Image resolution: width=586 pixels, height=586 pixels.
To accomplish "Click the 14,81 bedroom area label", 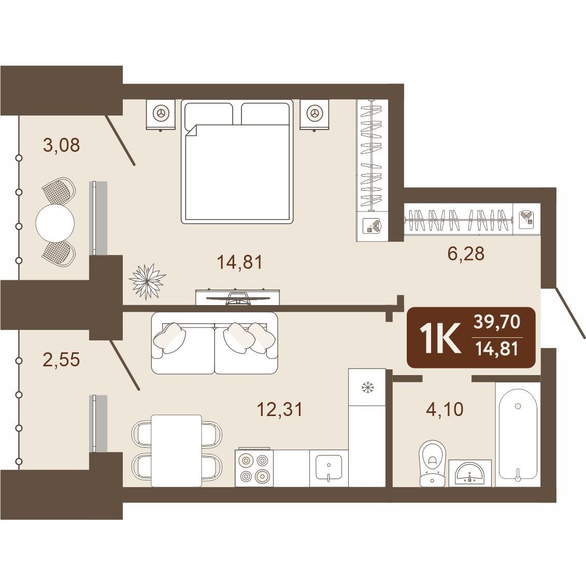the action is click(x=240, y=262).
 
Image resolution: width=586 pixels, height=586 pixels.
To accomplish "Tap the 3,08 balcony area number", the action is click(x=62, y=145).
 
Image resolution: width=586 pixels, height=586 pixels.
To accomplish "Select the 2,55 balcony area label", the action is click(x=62, y=360).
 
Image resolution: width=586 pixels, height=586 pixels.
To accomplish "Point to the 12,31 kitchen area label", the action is click(x=280, y=409).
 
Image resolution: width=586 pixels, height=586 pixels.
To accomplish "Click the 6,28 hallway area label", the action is click(x=466, y=253).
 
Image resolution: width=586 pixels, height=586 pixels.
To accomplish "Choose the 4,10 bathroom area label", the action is click(x=445, y=409).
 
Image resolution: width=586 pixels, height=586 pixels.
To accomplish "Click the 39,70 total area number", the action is click(x=497, y=322).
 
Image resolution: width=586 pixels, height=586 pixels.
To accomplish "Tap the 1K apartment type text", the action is click(x=440, y=338).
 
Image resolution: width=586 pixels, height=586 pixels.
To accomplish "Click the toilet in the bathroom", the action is click(x=433, y=463).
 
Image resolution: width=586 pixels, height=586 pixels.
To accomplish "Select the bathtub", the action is click(x=518, y=435).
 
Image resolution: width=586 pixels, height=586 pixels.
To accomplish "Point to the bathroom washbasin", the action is click(x=470, y=473).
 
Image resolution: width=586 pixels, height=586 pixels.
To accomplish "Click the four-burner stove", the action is click(x=254, y=467).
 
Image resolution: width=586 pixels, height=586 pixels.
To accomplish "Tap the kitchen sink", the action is click(x=328, y=468).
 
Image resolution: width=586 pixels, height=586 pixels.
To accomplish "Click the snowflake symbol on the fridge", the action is click(x=367, y=388).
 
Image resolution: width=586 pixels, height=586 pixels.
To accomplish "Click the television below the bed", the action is click(x=238, y=298).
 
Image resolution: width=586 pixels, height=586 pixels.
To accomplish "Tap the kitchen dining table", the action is click(x=176, y=451).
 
